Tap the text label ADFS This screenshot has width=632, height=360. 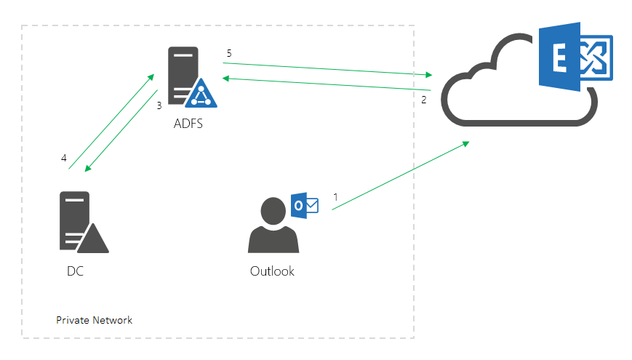pos(188,124)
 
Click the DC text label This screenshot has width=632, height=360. pos(76,271)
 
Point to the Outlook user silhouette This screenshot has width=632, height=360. pos(273,225)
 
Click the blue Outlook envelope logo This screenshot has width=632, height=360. pos(304,205)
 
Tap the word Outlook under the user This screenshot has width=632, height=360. pos(272,271)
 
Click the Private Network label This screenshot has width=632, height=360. pos(95,320)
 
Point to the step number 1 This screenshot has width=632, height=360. pos(335,196)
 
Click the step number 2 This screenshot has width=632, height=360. pos(424,100)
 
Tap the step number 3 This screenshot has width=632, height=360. pos(159,105)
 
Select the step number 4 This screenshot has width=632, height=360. pos(64,158)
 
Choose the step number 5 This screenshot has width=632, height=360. pos(228,53)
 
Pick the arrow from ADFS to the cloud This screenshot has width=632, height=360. pos(327,68)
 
